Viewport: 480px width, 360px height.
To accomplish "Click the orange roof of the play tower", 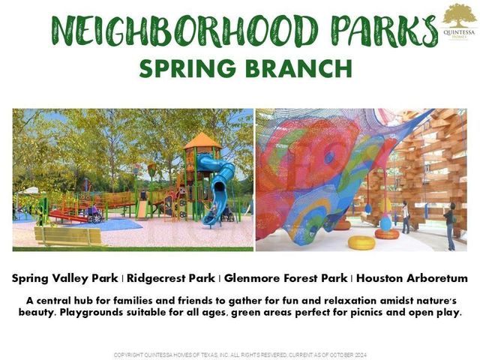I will (202, 140).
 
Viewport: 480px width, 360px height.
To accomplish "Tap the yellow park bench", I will (69, 236).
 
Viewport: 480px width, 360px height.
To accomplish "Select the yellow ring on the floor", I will (361, 242).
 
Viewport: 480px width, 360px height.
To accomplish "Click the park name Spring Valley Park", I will (64, 278).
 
